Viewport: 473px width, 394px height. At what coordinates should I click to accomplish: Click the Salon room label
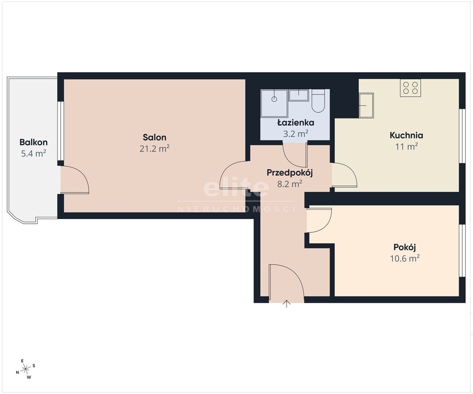155,137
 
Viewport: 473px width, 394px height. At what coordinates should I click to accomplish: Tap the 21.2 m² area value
155,148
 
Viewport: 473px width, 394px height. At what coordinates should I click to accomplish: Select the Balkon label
33,142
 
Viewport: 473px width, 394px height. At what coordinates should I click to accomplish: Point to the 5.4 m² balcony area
33,153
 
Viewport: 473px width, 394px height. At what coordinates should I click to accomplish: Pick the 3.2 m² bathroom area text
296,134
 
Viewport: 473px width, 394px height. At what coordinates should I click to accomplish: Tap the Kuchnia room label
406,135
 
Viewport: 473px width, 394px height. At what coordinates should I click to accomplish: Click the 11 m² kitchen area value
406,147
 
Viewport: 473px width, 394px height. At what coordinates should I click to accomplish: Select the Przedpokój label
290,172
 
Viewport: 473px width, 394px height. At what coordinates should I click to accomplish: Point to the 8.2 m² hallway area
290,184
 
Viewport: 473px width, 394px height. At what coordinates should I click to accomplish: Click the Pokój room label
405,247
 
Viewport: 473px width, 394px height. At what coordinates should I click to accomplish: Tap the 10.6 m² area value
405,259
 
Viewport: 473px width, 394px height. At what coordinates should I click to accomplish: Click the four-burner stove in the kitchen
410,88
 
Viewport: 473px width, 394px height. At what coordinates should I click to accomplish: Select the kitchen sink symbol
367,105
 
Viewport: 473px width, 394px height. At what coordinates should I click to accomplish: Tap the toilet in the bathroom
318,101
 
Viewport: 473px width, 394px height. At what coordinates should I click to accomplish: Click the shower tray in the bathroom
274,103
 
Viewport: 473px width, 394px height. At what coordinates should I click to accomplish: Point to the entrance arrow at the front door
286,304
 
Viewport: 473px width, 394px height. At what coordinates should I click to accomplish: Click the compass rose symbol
26,368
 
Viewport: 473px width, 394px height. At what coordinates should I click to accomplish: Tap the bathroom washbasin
299,95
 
